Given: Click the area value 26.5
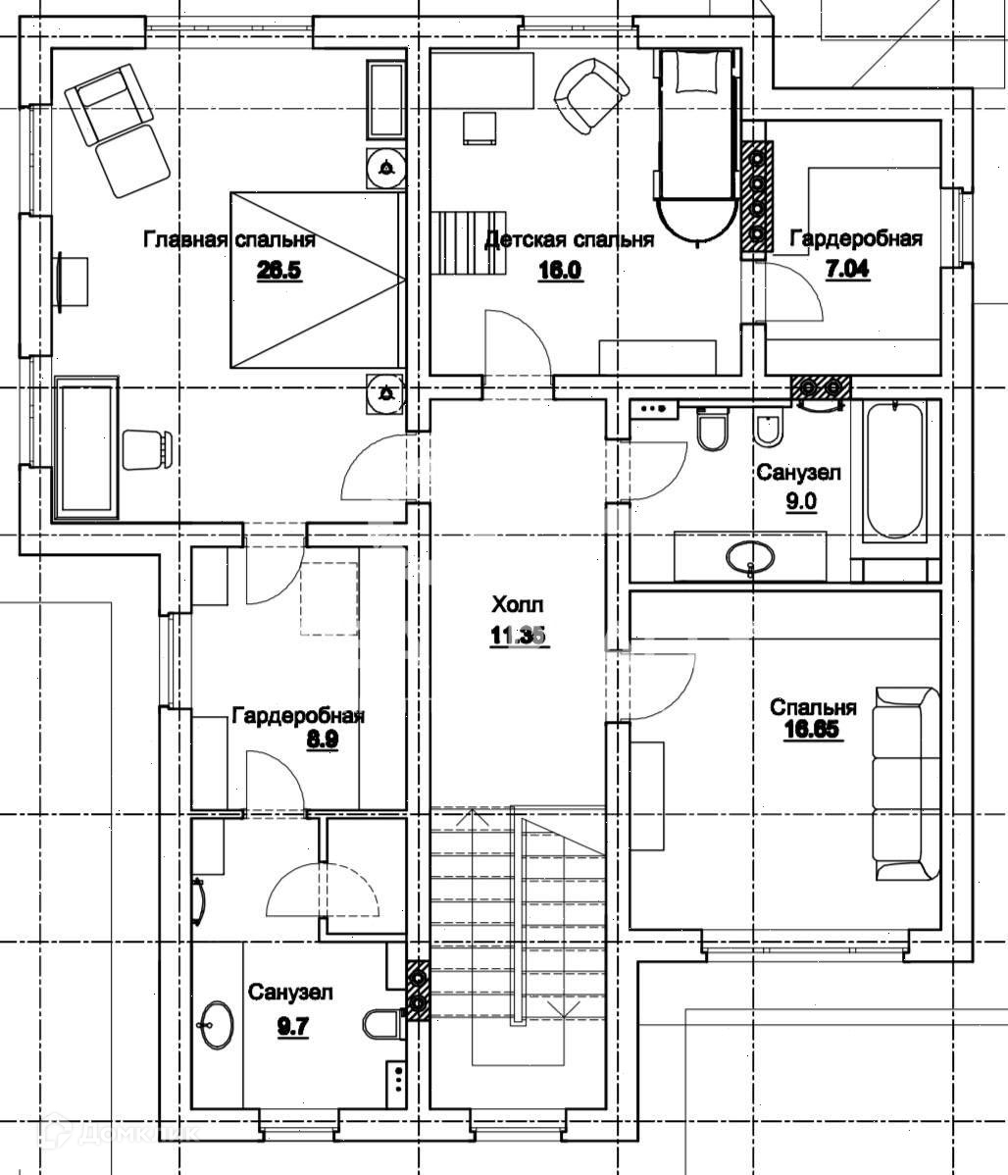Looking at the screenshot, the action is [278, 270].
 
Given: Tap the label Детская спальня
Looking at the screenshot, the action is [569, 240].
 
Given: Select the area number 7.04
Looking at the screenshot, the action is [848, 270].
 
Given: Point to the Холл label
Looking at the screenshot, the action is [517, 604].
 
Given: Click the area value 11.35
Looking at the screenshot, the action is [517, 636].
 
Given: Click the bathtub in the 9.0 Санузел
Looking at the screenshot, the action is [894, 469].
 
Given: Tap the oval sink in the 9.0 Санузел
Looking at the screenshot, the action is [750, 557].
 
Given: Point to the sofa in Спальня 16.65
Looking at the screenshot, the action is [906, 784].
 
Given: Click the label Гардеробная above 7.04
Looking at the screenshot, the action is [856, 238].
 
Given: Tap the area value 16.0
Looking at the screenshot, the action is [560, 270].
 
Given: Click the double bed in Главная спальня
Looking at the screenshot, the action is [317, 281].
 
